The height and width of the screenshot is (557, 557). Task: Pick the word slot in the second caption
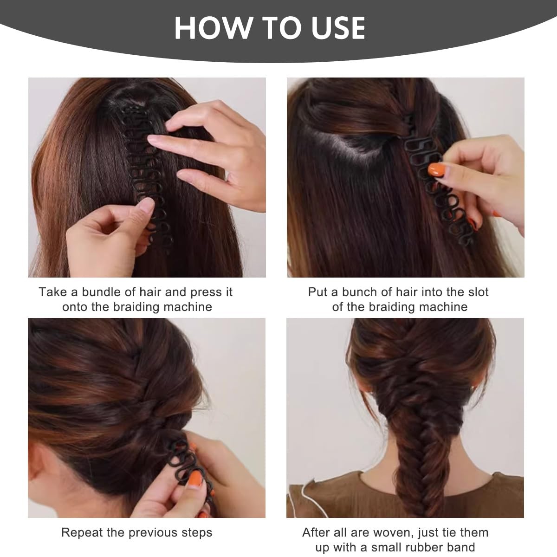click(x=477, y=292)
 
